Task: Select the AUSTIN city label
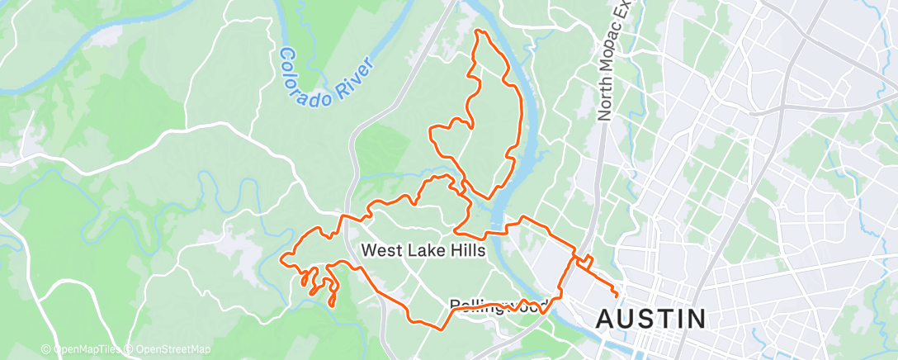point(651,318)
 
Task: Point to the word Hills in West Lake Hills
point(464,250)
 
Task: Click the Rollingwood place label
point(499,306)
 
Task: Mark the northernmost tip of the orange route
point(477,31)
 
